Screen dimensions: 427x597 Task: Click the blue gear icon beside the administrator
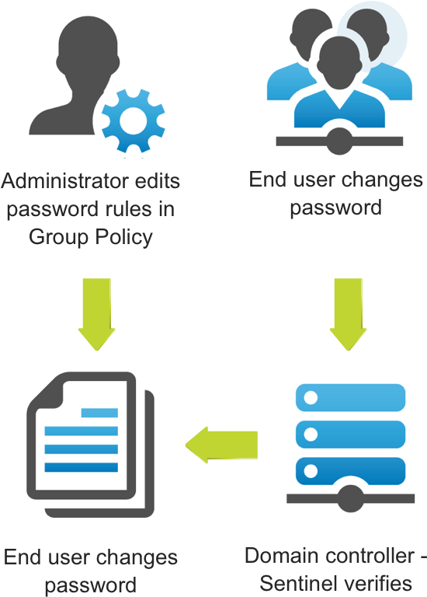coord(133,121)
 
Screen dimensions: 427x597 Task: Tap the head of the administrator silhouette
coord(88,54)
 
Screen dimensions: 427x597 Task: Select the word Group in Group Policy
coord(59,237)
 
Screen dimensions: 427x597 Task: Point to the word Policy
coord(123,237)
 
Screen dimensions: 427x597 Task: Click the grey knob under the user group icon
coord(339,141)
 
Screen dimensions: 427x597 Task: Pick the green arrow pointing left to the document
coord(221,445)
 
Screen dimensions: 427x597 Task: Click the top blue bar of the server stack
coord(350,397)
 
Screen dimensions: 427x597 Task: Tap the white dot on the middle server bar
coord(311,434)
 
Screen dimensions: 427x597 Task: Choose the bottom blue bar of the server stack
coord(350,471)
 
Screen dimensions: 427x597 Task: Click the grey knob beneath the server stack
coord(350,499)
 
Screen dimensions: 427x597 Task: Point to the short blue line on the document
coord(99,413)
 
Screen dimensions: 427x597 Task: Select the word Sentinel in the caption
coord(301,583)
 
